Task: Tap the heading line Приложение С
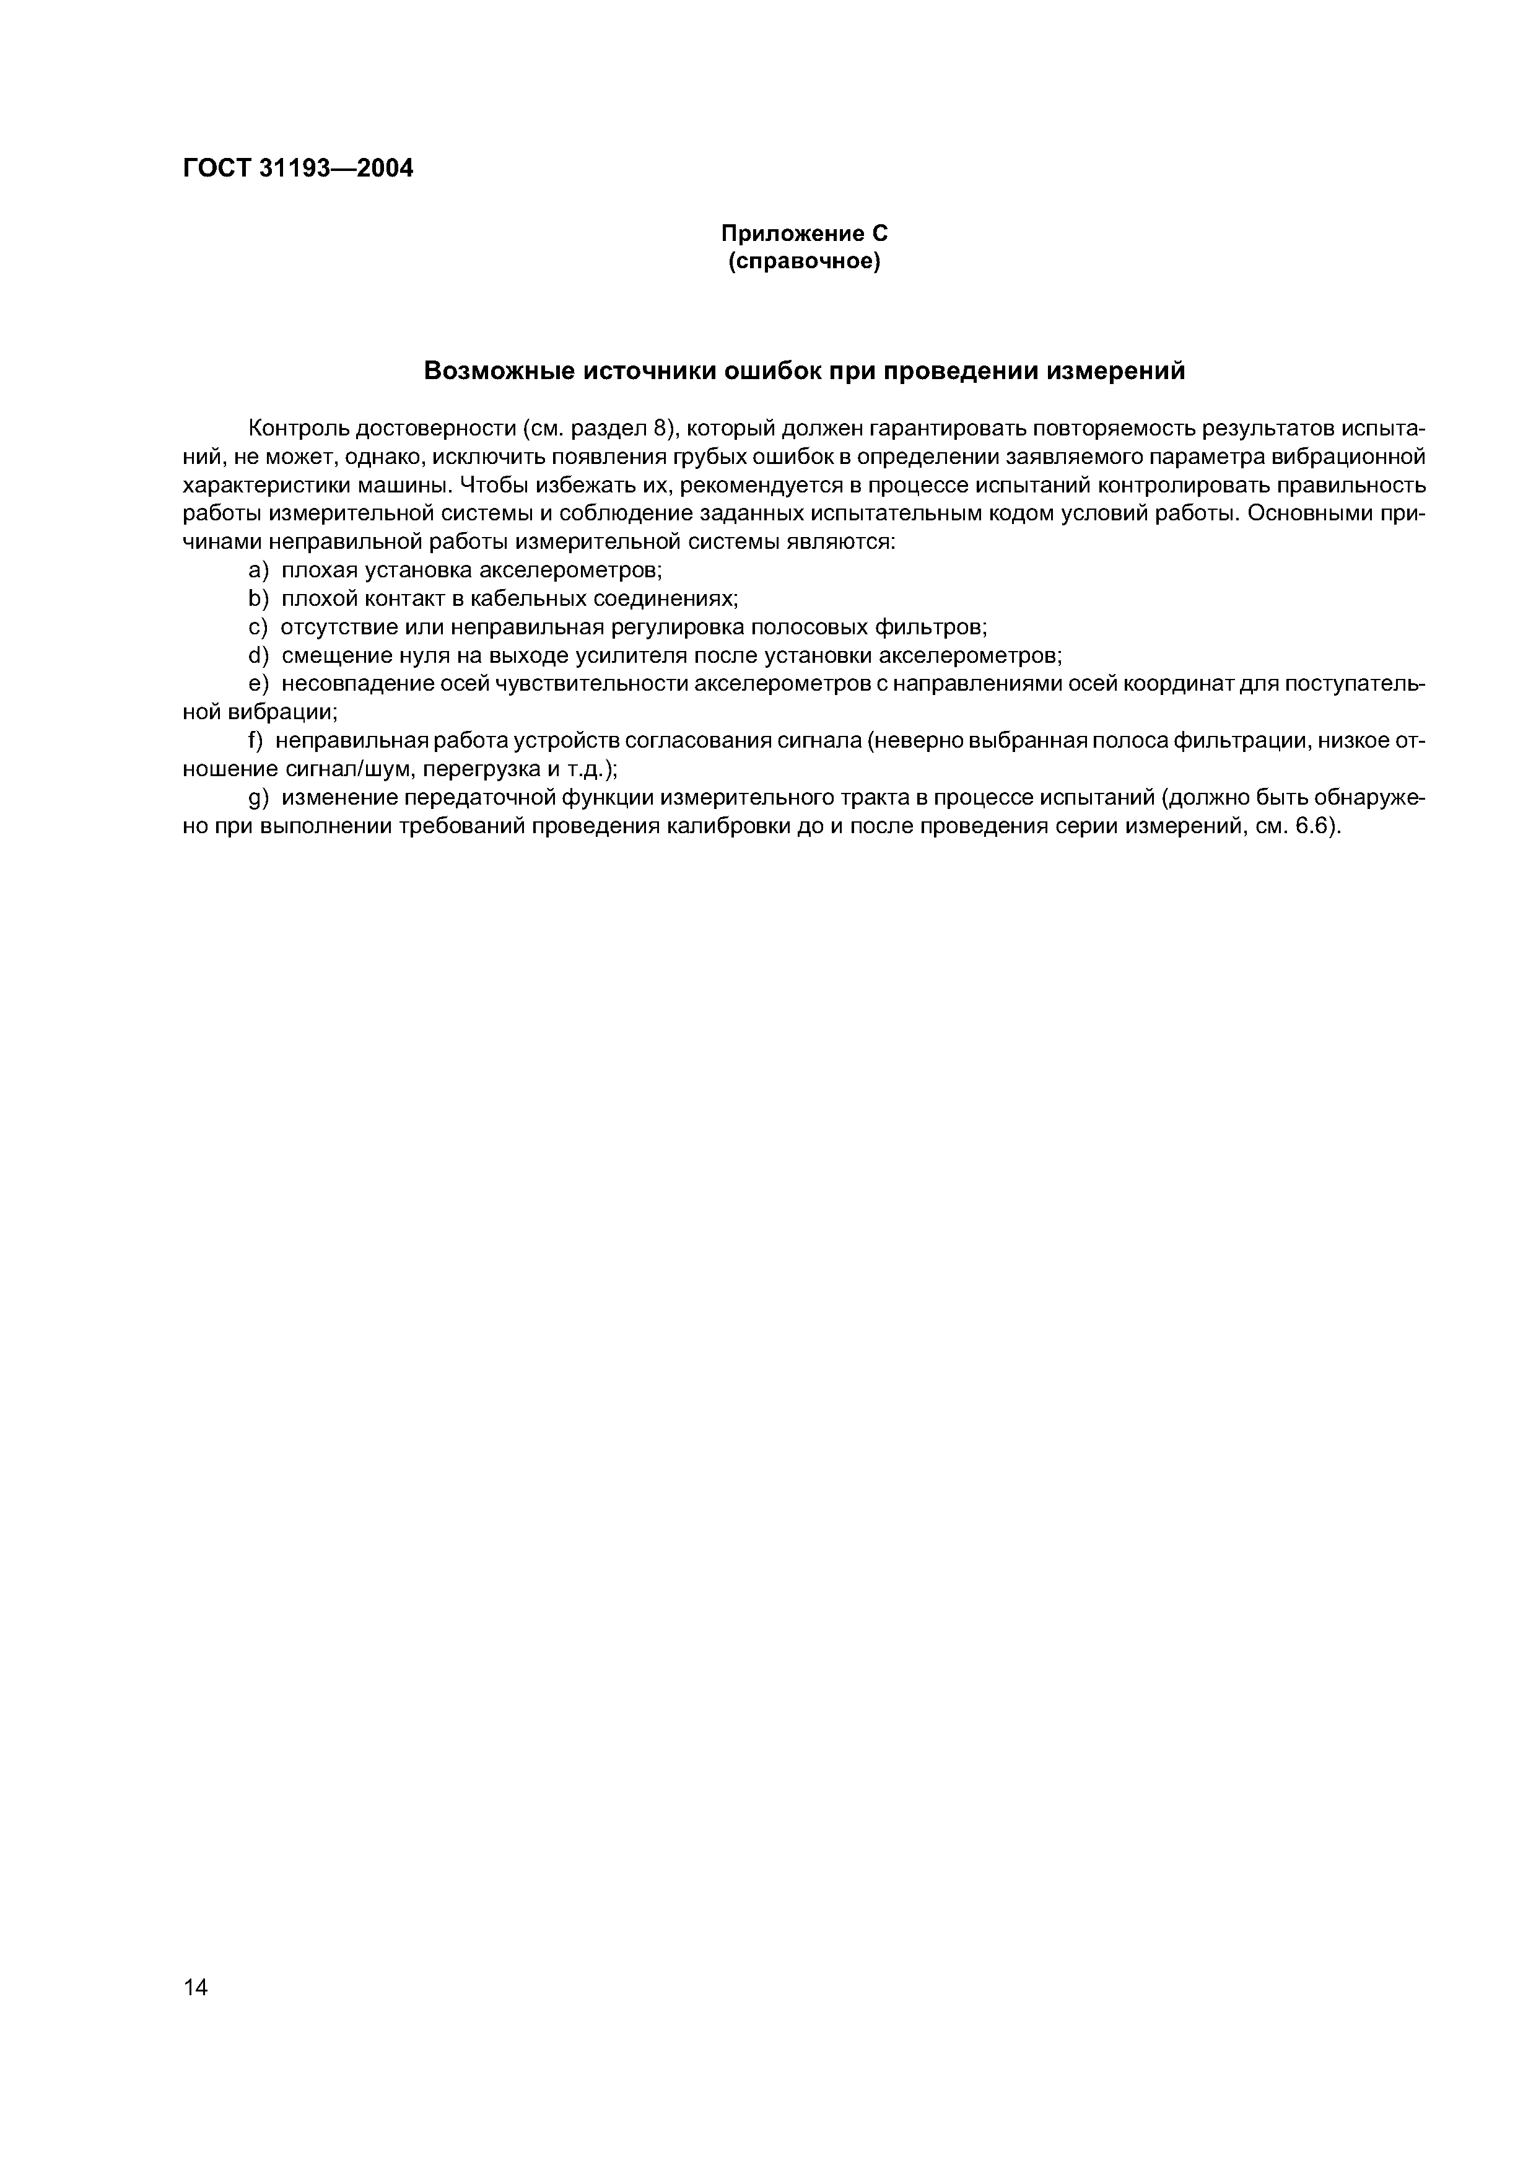(x=805, y=234)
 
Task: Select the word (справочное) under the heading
(x=805, y=261)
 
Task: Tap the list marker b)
(x=258, y=599)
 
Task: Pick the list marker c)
(x=258, y=627)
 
